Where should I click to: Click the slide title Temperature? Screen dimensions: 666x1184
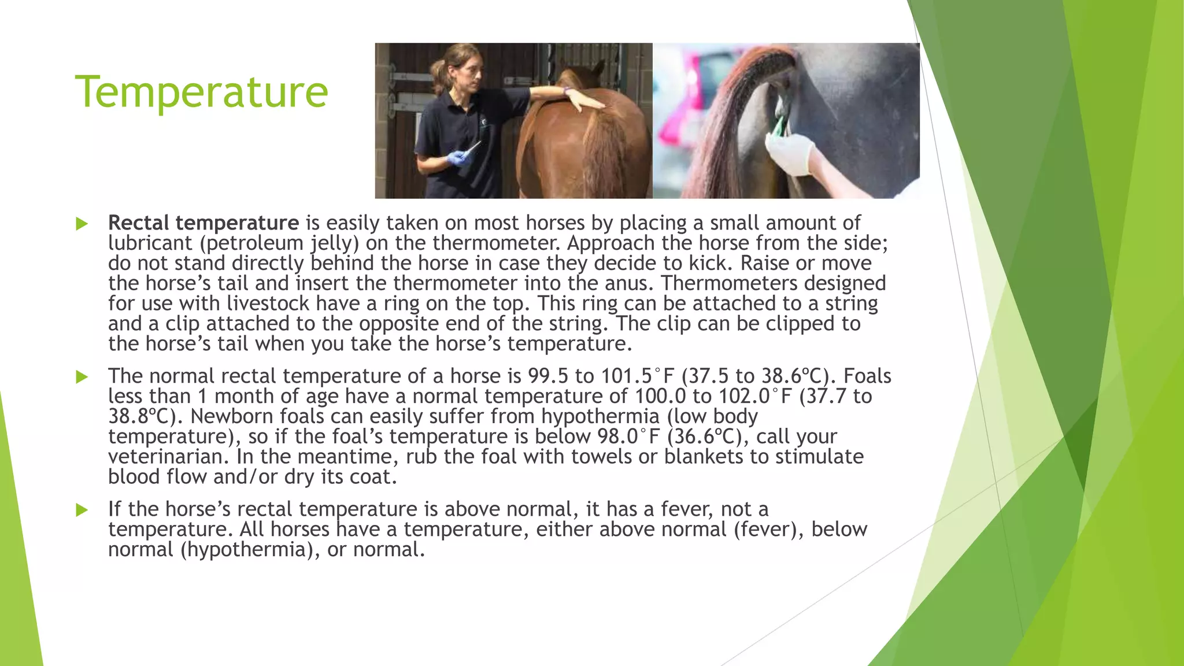(x=201, y=92)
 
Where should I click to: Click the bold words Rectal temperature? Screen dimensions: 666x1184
(x=203, y=223)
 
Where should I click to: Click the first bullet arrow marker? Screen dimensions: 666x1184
(x=82, y=224)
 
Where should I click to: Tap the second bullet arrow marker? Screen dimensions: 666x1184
(x=82, y=377)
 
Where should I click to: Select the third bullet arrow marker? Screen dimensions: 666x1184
(x=82, y=510)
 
